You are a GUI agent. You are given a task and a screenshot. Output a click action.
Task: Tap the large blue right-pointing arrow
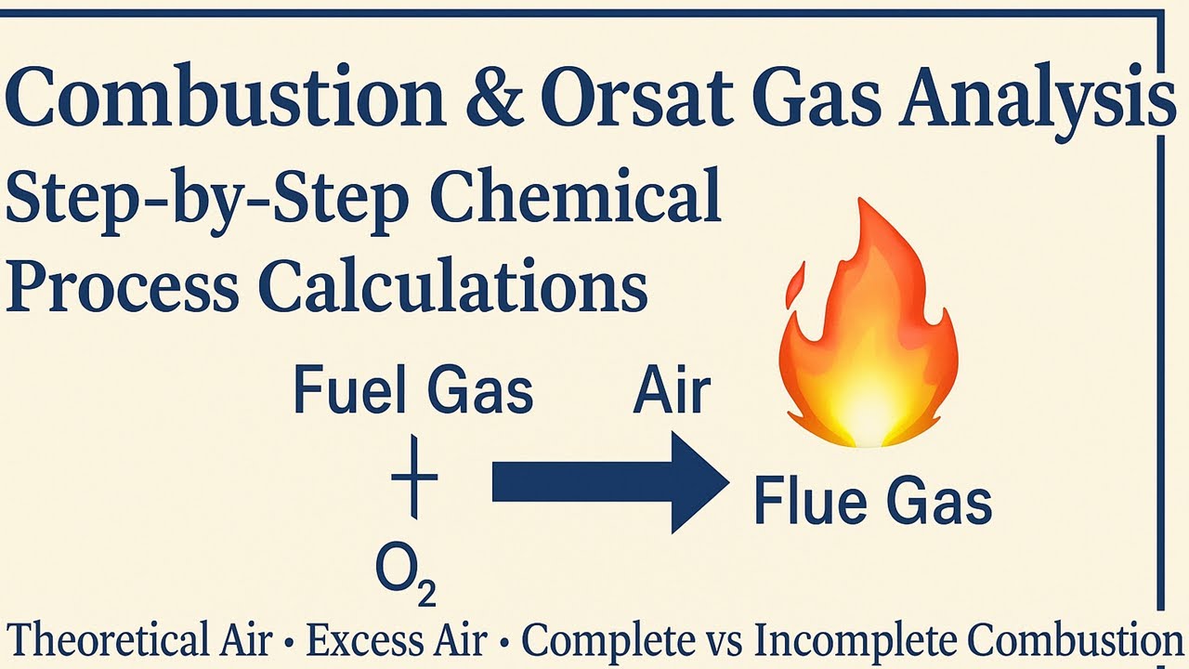608,483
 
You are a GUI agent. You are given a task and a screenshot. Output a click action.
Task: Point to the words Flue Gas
872,502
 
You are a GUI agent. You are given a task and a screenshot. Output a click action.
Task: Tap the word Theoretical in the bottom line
139,641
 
